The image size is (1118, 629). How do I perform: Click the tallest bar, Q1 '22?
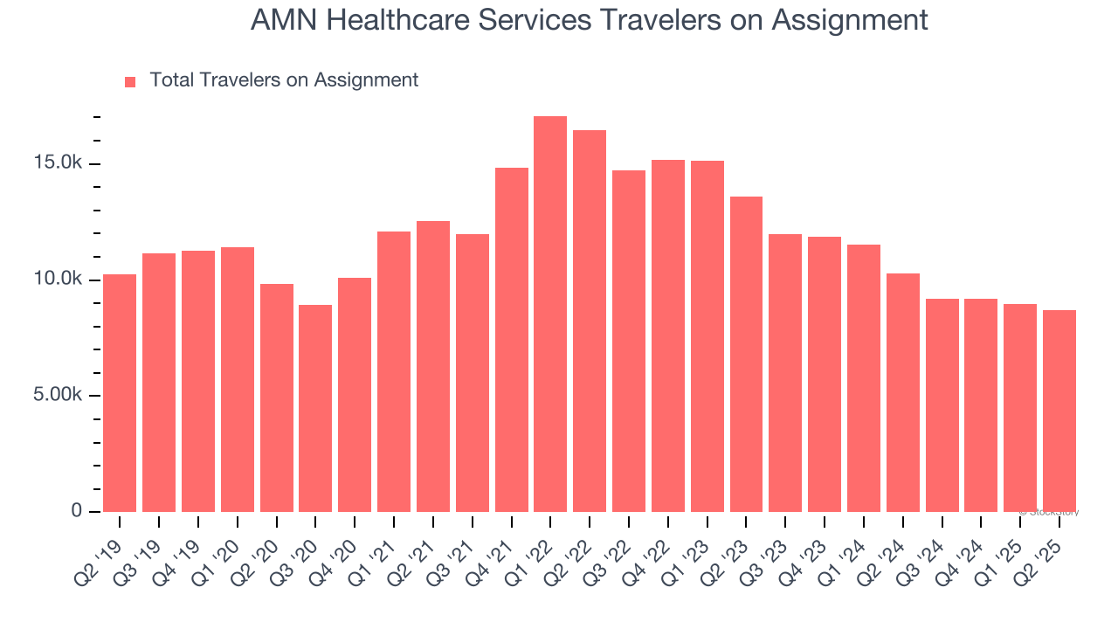[x=550, y=314]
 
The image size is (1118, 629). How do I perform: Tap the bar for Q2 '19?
[x=120, y=393]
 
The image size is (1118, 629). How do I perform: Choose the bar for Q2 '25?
[x=1059, y=411]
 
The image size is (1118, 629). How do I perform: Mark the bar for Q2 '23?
[x=746, y=354]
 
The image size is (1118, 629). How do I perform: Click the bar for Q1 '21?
[x=394, y=371]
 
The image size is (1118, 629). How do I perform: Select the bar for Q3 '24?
[x=942, y=405]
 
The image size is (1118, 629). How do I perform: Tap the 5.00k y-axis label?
[x=59, y=395]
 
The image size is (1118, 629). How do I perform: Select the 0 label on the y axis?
[x=76, y=511]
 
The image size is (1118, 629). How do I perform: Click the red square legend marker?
[x=130, y=81]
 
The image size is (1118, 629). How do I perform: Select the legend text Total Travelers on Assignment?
[x=284, y=80]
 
